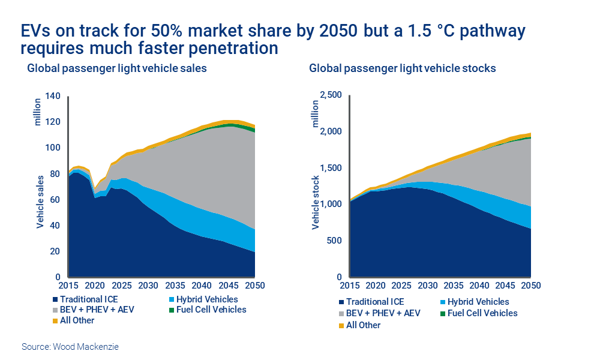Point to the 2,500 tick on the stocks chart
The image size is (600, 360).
(x=329, y=95)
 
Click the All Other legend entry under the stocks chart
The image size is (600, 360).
(x=360, y=325)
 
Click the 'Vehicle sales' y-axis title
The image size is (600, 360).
(x=40, y=202)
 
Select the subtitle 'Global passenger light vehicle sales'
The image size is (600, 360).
(x=117, y=68)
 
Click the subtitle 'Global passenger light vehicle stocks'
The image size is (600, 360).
(x=403, y=68)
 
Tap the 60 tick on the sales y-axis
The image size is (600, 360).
(x=56, y=200)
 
